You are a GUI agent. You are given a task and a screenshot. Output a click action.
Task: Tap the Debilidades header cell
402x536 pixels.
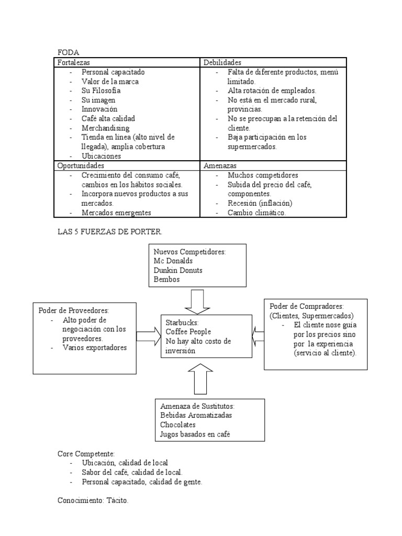pyautogui.click(x=222, y=62)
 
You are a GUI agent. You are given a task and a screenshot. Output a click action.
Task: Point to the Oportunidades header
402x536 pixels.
pyautogui.click(x=81, y=165)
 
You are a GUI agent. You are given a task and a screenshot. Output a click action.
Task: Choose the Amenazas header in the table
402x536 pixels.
pyautogui.click(x=219, y=165)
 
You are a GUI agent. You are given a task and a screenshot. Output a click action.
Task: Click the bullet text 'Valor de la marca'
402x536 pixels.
pyautogui.click(x=110, y=81)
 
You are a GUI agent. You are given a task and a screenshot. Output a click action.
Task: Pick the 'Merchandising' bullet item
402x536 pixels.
pyautogui.click(x=105, y=128)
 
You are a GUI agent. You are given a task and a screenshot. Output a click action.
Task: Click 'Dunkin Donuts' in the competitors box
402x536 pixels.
pyautogui.click(x=178, y=270)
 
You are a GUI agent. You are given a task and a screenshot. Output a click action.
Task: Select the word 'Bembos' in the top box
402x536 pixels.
pyautogui.click(x=166, y=280)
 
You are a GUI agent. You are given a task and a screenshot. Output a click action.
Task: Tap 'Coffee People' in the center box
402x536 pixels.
pyautogui.click(x=188, y=331)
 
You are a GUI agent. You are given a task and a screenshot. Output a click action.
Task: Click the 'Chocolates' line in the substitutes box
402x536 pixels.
pyautogui.click(x=178, y=425)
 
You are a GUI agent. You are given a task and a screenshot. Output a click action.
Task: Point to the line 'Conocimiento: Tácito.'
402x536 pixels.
pyautogui.click(x=93, y=501)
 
